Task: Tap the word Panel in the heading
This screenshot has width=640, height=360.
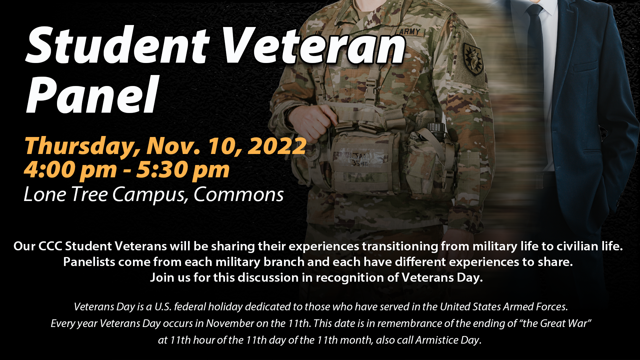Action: (92, 95)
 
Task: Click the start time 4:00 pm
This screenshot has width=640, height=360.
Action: (70, 170)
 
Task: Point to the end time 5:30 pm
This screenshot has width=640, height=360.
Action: (183, 170)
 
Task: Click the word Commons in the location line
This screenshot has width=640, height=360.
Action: (238, 194)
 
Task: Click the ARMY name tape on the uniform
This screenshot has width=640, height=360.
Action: (410, 32)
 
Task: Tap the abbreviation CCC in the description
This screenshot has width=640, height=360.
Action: (50, 246)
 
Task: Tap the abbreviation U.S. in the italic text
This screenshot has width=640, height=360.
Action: (163, 307)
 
